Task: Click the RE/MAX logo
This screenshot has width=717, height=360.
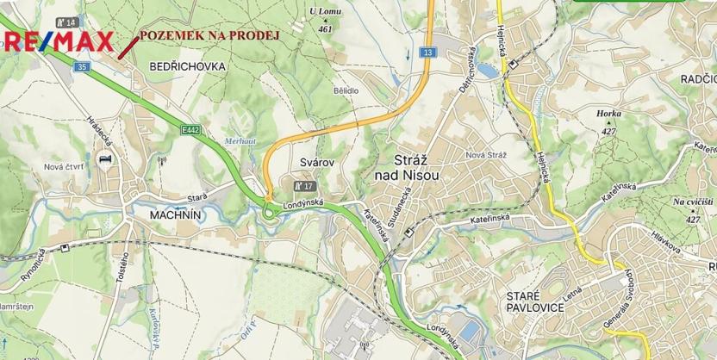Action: tap(57, 41)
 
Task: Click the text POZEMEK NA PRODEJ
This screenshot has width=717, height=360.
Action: tap(209, 34)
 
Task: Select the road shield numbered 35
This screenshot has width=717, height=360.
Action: tap(82, 65)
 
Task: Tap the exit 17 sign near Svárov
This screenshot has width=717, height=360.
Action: tap(302, 184)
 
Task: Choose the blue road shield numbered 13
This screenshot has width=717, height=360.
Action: tap(428, 53)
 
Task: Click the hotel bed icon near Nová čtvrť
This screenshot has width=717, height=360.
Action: tap(106, 160)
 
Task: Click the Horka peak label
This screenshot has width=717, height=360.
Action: tap(608, 114)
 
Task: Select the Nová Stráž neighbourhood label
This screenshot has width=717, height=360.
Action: tap(485, 154)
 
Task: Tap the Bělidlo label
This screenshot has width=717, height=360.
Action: tap(346, 90)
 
